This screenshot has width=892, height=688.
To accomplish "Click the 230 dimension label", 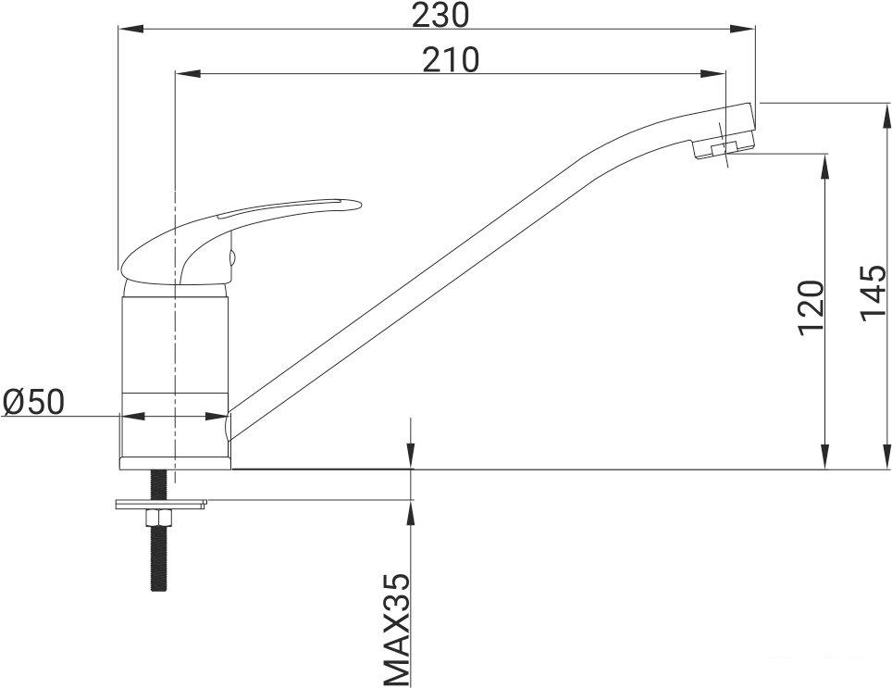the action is point(440,16).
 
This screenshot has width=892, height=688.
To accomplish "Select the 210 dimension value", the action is point(452,60).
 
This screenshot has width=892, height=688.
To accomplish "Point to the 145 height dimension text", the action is point(873,293).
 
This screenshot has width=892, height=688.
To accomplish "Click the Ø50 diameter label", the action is point(33,402).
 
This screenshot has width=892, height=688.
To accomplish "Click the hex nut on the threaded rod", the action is point(158,518).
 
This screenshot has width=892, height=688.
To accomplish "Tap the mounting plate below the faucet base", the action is point(161,504).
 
